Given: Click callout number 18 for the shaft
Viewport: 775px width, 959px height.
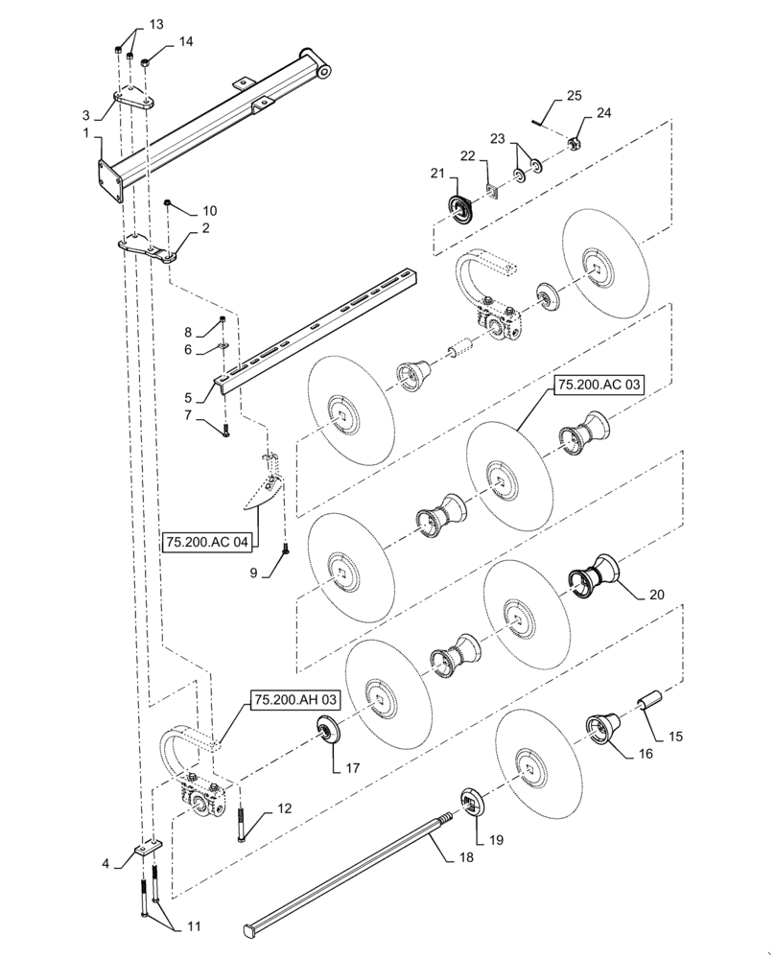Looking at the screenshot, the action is [x=466, y=857].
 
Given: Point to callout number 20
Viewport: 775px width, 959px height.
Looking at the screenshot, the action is [x=656, y=594].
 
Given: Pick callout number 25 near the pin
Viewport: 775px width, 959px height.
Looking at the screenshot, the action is [x=574, y=95].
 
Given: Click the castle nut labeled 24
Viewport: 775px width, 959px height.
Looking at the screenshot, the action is [x=575, y=145].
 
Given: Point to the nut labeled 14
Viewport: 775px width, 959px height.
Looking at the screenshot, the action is [x=146, y=63].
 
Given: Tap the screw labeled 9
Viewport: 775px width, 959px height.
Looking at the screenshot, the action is [x=285, y=550].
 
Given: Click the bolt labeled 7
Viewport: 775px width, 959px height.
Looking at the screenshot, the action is [x=226, y=431].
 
